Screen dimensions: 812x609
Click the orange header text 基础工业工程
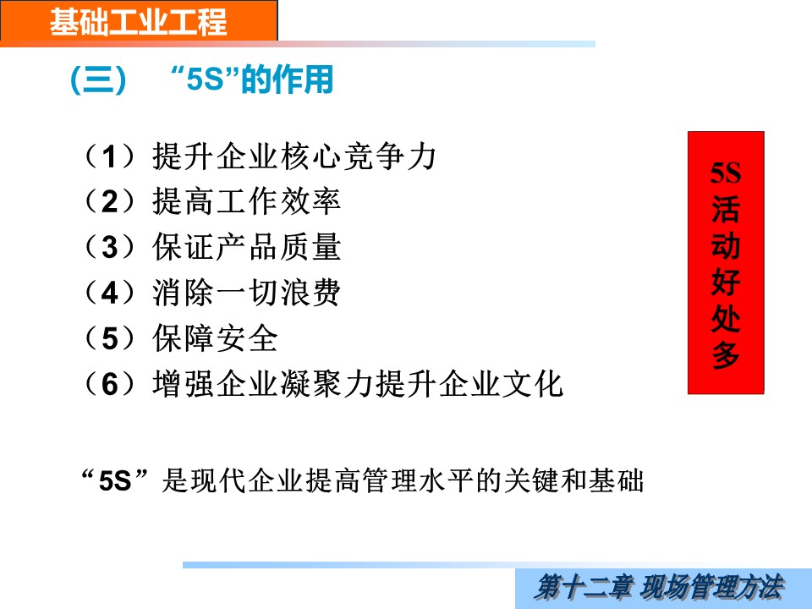(138, 22)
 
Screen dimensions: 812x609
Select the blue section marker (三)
(98, 80)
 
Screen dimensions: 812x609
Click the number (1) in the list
(110, 156)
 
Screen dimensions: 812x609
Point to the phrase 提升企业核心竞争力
(294, 156)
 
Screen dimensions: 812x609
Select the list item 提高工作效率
(246, 201)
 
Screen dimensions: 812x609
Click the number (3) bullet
(110, 246)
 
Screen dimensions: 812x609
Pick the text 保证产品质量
(246, 246)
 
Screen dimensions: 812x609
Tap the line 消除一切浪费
(246, 292)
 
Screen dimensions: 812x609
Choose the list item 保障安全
(215, 337)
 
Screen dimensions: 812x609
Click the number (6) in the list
(110, 384)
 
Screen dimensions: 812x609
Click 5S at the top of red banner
(726, 173)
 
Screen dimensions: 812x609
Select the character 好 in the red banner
(726, 282)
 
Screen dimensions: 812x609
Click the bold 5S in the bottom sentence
(115, 480)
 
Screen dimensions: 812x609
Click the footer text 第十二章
(584, 588)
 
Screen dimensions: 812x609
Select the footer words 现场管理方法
(712, 588)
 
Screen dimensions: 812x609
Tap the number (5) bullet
(110, 337)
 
